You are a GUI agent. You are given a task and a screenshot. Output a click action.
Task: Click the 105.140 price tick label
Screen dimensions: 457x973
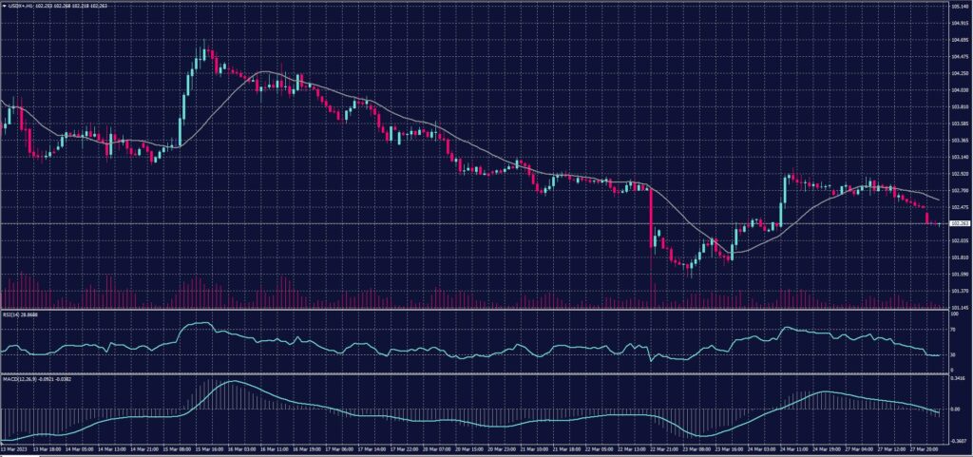click(x=959, y=7)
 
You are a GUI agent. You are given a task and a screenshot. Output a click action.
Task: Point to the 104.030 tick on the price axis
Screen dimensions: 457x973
click(x=959, y=90)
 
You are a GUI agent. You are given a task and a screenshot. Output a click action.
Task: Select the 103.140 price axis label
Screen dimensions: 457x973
click(x=959, y=157)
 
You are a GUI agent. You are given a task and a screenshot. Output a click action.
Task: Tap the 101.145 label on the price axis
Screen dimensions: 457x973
click(x=959, y=307)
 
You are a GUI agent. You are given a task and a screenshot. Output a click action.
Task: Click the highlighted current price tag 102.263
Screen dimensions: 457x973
click(x=959, y=223)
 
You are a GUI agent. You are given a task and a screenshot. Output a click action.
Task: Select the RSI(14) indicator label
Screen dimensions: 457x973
click(x=21, y=313)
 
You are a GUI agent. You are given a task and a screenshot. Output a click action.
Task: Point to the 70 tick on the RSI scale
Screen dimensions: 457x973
click(x=953, y=328)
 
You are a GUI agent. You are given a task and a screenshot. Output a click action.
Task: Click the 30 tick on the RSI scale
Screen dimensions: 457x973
click(x=953, y=354)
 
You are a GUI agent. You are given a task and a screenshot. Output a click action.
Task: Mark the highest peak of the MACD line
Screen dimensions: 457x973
click(x=233, y=382)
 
